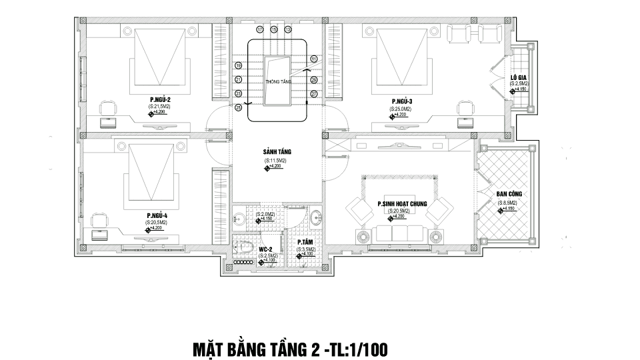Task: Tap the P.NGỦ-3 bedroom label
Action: coord(402,101)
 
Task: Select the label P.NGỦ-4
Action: coord(157,215)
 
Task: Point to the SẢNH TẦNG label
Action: coord(277,152)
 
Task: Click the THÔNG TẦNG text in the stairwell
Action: coord(278,81)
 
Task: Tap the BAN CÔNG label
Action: coord(509,194)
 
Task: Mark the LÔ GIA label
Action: coord(519,77)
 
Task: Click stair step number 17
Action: coord(259,30)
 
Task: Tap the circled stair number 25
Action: coord(238,107)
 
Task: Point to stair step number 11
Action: coord(314,59)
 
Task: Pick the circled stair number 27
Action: coord(314,93)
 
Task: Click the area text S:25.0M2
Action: coord(402,108)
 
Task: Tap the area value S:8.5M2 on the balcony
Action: coord(509,201)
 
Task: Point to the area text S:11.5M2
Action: coord(275,161)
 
